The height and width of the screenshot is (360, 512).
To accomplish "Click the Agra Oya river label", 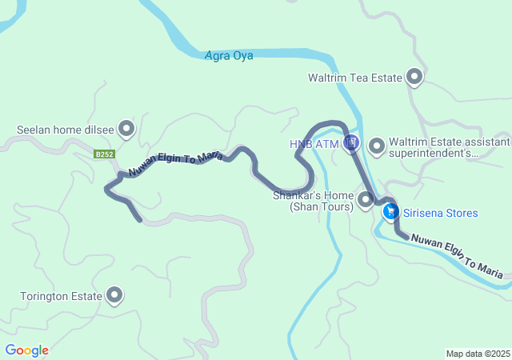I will [x=230, y=56].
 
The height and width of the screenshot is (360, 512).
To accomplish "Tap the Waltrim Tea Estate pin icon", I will [x=414, y=77].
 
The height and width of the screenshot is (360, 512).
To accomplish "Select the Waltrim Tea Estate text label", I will [x=354, y=78].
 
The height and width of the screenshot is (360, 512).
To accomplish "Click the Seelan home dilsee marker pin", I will [x=126, y=128].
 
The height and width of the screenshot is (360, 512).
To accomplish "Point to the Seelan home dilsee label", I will [x=66, y=129].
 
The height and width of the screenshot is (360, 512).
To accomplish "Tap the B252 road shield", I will [x=103, y=154].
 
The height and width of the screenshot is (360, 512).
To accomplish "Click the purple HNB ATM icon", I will [x=350, y=144].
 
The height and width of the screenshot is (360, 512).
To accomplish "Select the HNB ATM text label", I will [x=314, y=144].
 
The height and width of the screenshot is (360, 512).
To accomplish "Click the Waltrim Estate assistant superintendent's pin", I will [x=377, y=144].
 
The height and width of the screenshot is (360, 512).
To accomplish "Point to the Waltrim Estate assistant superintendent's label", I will [x=449, y=147].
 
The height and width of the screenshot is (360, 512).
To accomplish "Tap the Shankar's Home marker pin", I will [x=366, y=198].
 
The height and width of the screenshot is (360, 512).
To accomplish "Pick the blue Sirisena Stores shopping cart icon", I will [x=390, y=212].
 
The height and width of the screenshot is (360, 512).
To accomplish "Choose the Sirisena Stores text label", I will [x=441, y=213].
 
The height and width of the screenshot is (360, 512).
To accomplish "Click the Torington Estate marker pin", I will [x=114, y=295].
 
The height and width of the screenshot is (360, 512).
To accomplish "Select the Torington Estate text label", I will [x=62, y=296].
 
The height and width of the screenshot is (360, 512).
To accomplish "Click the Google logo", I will [x=27, y=350].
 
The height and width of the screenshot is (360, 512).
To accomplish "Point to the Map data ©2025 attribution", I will [x=478, y=354].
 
